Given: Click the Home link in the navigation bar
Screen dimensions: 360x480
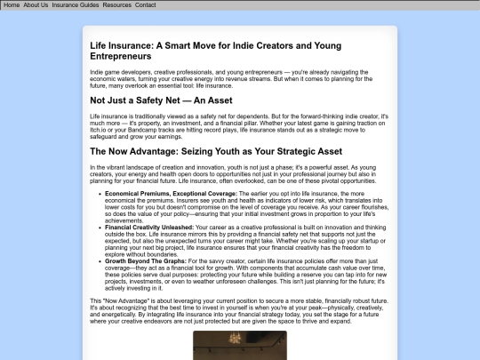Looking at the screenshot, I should (12, 5).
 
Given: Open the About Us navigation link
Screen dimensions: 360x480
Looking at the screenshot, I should (36, 5).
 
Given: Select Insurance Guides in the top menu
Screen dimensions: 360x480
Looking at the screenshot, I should (76, 5).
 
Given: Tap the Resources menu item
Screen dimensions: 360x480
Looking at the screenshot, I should (116, 5).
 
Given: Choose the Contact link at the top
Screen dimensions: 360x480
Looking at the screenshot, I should (145, 5).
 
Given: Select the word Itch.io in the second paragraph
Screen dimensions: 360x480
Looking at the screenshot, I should (99, 130).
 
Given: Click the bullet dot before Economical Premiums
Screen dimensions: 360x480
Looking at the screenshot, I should (100, 192).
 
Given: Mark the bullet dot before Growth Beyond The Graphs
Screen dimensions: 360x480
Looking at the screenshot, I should (100, 261).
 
